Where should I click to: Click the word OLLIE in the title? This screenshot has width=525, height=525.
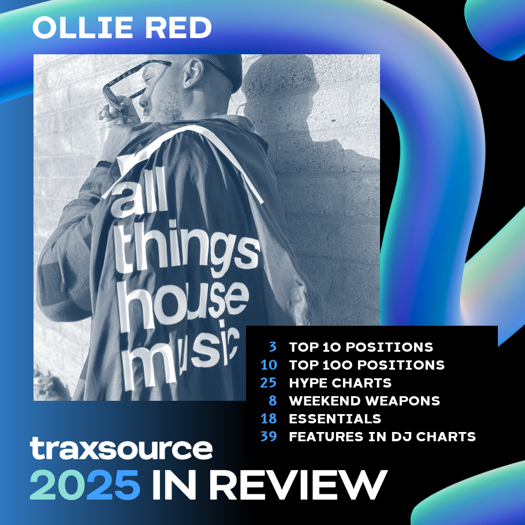click(x=83, y=28)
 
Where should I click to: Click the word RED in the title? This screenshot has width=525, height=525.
click(x=178, y=28)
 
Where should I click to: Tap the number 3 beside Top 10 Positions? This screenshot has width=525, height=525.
click(x=273, y=347)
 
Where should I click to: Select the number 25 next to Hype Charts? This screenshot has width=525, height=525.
click(x=269, y=383)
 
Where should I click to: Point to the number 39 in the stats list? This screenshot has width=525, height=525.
click(x=269, y=436)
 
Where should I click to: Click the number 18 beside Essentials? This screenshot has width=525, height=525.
click(x=269, y=419)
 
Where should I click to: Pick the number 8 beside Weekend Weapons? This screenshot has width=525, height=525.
click(x=273, y=400)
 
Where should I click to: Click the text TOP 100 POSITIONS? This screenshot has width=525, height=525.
click(x=367, y=365)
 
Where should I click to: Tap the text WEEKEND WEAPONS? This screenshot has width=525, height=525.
click(x=364, y=401)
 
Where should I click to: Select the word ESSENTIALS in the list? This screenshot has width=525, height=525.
click(x=335, y=419)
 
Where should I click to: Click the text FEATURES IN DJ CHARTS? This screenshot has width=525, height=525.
click(x=382, y=437)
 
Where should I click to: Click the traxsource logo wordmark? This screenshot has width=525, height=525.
click(x=121, y=448)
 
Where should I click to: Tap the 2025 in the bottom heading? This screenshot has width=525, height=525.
click(x=85, y=485)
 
